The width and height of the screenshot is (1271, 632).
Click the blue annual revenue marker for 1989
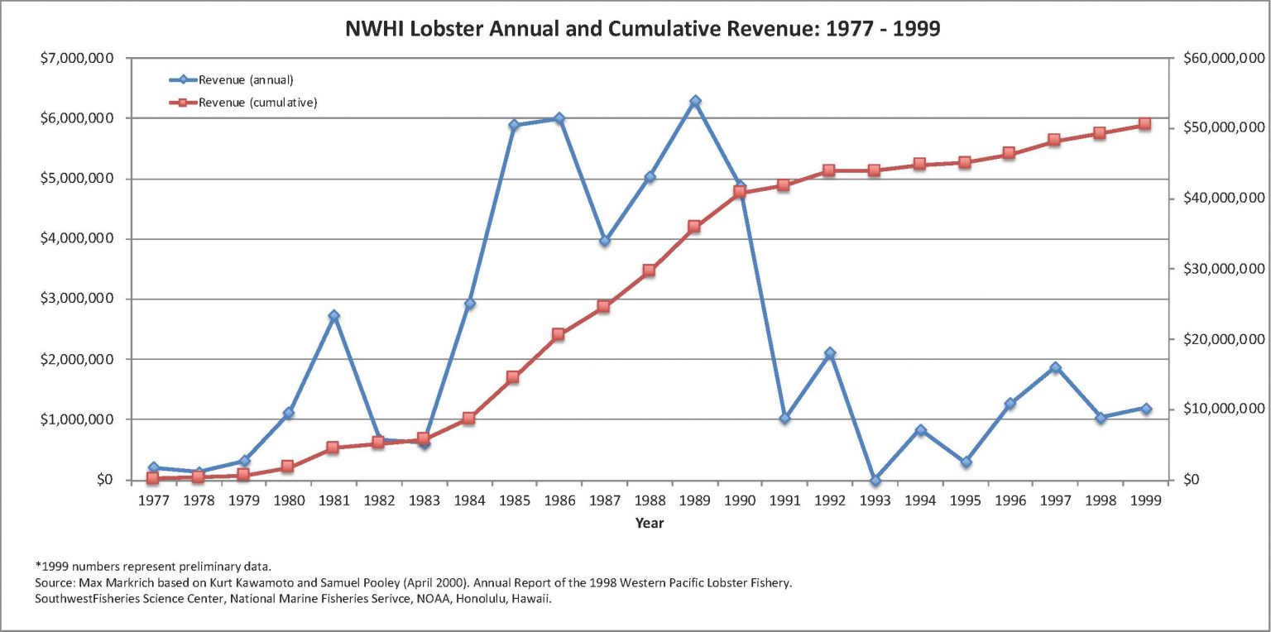695,101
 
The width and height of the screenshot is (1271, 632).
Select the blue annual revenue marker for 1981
333,316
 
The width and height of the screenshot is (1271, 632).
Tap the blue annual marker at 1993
875,481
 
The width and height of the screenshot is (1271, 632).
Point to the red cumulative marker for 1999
1145,124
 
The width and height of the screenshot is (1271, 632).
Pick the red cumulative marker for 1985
513,377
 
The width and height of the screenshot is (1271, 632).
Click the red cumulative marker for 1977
152,478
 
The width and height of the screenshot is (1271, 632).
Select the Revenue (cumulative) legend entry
257,103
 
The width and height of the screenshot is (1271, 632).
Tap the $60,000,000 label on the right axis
1224,59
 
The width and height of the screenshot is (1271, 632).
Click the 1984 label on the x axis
469,500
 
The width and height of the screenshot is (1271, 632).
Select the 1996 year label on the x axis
1010,500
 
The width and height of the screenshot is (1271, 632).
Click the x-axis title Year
650,523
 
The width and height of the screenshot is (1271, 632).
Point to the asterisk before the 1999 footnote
37,566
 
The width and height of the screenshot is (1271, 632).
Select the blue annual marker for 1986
559,118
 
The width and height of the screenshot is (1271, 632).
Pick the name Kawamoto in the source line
277,583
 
